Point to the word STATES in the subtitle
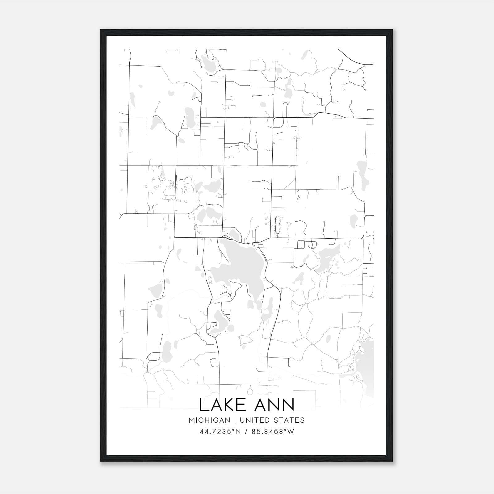290,420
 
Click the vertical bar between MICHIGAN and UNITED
235,420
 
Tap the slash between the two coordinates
246,432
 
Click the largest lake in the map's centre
244,266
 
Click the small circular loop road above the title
250,391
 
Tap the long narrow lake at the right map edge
361,176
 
